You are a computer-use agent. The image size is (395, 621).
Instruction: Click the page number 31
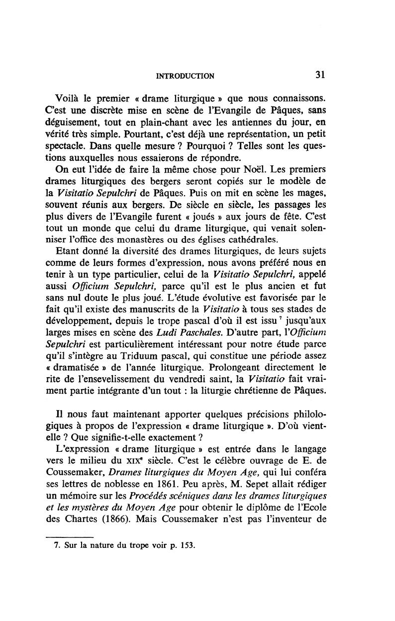click(x=320, y=75)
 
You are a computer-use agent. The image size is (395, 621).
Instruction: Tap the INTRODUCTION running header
click(x=185, y=76)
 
